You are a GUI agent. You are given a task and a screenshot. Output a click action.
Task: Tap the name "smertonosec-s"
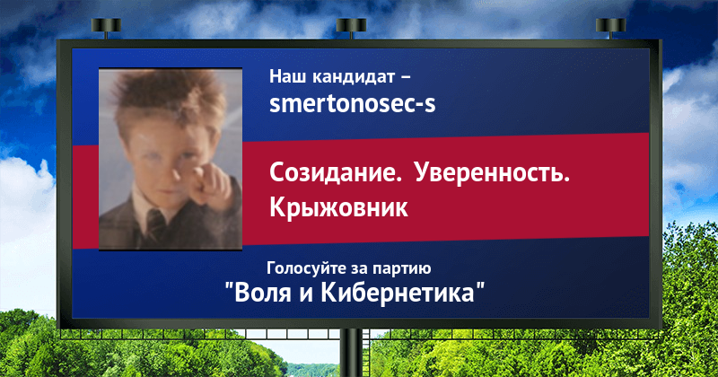coord(352,104)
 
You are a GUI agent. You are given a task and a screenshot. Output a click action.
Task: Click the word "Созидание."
coord(335,173)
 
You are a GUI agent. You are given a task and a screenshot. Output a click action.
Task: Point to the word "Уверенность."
coord(492,174)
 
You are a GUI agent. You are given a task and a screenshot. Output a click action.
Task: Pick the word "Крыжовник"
coord(338,207)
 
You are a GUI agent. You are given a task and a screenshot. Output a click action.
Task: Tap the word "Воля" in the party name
coord(263,293)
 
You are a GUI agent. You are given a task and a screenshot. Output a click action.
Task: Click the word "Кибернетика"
coord(398,293)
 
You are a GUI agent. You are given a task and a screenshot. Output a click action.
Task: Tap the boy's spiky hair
coord(170,99)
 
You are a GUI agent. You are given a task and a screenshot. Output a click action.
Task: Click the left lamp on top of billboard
coord(106,27)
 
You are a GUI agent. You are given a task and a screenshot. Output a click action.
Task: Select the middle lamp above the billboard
coord(351,27)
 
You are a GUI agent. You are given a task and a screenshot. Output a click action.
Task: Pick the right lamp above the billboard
coord(610,27)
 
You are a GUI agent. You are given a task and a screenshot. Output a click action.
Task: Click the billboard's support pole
coord(351,353)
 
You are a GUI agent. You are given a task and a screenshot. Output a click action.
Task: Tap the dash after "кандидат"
coord(406,78)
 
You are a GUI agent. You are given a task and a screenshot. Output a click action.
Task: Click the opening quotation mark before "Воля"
coord(229,286)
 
